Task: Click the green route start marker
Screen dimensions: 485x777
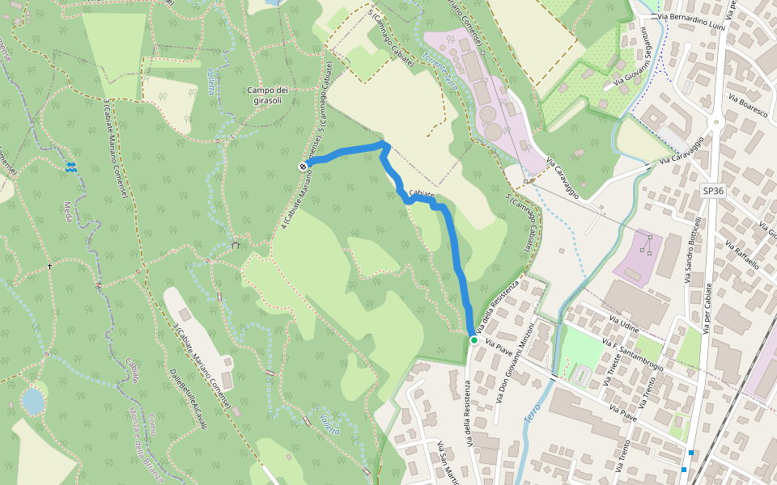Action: (x=473, y=340)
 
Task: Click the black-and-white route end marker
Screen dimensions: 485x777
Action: (x=303, y=167)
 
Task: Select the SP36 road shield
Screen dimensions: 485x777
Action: (x=712, y=191)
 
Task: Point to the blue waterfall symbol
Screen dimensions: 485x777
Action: (x=71, y=167)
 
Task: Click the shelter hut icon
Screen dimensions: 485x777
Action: (x=236, y=243)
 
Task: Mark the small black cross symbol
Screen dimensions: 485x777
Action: (x=49, y=266)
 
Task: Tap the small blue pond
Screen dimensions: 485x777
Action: (x=32, y=401)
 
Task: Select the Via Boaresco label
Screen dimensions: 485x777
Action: (x=747, y=107)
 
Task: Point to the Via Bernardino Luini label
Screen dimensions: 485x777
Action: (x=689, y=17)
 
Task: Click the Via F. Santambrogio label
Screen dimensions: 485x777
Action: (x=633, y=356)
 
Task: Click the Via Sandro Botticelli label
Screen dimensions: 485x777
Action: (x=694, y=250)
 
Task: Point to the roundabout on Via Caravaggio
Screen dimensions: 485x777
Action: (x=715, y=123)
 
